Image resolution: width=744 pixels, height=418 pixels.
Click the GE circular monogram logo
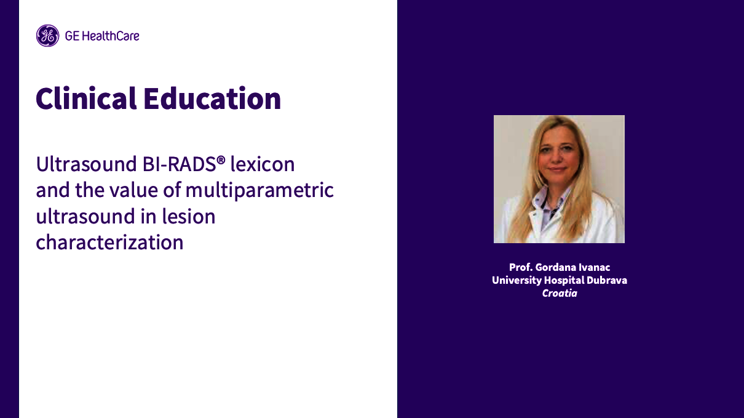point(47,36)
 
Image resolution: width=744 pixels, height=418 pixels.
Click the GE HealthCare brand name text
point(102,36)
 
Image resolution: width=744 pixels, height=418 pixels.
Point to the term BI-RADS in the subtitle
point(182,164)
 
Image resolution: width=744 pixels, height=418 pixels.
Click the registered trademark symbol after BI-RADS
point(221,160)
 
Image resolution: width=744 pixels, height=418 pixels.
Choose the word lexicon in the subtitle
point(263,164)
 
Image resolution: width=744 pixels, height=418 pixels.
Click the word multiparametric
point(259,190)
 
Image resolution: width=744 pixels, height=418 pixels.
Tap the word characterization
point(109,242)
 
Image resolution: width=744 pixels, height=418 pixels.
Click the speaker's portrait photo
point(559,179)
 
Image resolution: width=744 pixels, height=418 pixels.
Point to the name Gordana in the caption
point(556,267)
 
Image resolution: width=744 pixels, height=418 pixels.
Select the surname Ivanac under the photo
point(595,267)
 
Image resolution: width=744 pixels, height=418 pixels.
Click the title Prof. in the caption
point(520,267)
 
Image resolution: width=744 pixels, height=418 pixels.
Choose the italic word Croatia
point(559,293)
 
